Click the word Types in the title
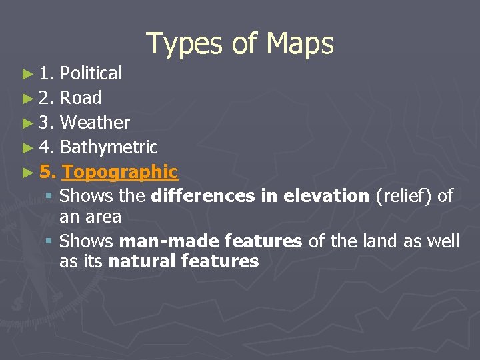[183, 44]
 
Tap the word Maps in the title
[299, 44]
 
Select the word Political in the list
[91, 73]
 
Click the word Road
[81, 98]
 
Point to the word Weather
[95, 123]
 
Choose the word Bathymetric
[109, 147]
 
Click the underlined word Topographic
[119, 173]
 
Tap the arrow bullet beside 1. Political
[27, 74]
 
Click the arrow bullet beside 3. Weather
[27, 123]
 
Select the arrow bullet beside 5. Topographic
[27, 173]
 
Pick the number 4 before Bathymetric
[44, 147]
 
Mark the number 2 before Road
[44, 98]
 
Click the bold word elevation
[326, 196]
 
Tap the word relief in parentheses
[398, 196]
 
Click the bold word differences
[203, 196]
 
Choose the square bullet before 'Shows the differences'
[49, 197]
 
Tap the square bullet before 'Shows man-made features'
[49, 241]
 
